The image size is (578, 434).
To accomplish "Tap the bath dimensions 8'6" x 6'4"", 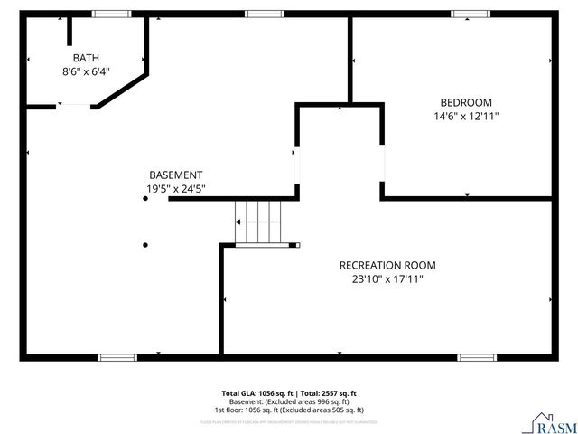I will coord(86,71).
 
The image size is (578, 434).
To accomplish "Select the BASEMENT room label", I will coord(175,175).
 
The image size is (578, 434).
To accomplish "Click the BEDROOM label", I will coord(466,102).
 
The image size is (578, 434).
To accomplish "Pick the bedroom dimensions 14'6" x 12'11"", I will coord(466,116).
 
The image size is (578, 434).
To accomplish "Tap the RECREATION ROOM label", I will coord(387,265).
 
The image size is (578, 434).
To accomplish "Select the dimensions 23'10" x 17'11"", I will coord(387,279).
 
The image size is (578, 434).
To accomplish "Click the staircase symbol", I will coord(258,222).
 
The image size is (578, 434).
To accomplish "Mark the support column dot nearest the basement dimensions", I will coord(145,199).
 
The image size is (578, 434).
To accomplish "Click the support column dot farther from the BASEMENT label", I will coord(145,244).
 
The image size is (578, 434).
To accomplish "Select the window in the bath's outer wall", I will coord(111,14).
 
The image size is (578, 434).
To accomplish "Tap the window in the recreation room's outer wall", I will coord(477,357).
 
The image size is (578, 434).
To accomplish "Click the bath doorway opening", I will coord(75,106).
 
